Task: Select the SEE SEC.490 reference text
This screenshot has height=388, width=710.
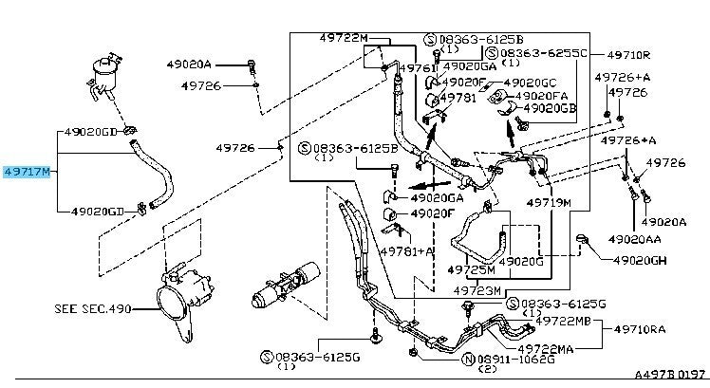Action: [91, 308]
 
